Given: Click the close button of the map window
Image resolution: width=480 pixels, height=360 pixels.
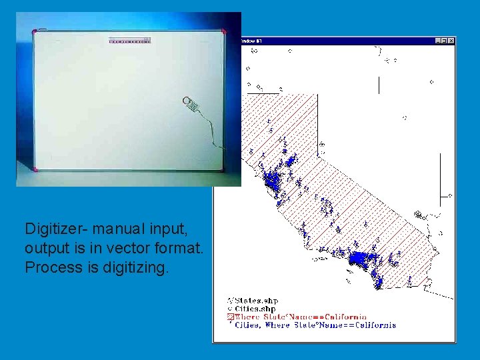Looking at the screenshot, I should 451,41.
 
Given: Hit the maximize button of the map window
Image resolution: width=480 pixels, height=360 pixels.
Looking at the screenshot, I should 445,41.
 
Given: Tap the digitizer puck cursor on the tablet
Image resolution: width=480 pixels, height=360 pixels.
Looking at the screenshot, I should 191,105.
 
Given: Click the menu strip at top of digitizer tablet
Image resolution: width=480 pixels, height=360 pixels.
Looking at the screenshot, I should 129,41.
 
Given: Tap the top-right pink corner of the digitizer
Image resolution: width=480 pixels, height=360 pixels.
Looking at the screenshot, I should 224,31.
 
